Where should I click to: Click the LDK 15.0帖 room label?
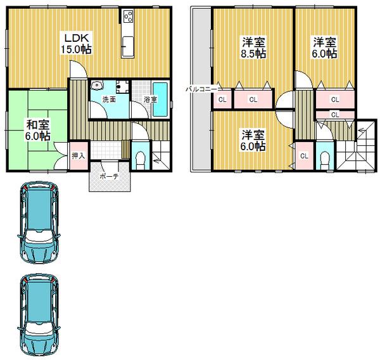pyautogui.click(x=76, y=44)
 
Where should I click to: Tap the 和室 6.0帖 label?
pyautogui.click(x=38, y=131)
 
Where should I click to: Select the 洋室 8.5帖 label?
pyautogui.click(x=253, y=48)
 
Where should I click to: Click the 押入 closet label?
pyautogui.click(x=79, y=156)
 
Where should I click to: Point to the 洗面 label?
pyautogui.click(x=109, y=100)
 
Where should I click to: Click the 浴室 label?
pyautogui.click(x=150, y=100)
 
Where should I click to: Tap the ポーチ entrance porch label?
pyautogui.click(x=110, y=176)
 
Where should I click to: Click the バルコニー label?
pyautogui.click(x=201, y=89)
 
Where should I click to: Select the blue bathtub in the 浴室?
pyautogui.click(x=160, y=100)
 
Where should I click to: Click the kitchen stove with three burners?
pyautogui.click(x=128, y=16)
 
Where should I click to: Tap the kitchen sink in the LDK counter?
pyautogui.click(x=127, y=46)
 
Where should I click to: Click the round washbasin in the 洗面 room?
pyautogui.click(x=98, y=85)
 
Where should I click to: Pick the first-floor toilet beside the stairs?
pyautogui.click(x=139, y=160)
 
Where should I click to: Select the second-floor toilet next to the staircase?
pyautogui.click(x=325, y=160)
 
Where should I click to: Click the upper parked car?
pyautogui.click(x=39, y=222)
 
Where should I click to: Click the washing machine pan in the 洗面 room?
pyautogui.click(x=122, y=87)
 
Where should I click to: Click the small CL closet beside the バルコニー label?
pyautogui.click(x=222, y=100)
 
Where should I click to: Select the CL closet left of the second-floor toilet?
pyautogui.click(x=305, y=155)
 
